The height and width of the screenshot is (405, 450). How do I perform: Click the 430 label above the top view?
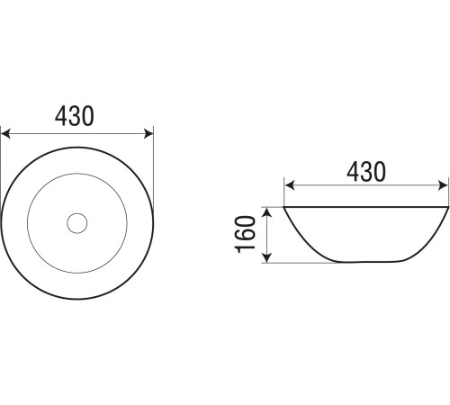point(75,116)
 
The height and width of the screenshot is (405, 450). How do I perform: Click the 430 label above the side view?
point(366,172)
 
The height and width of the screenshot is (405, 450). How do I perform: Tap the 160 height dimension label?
point(245,234)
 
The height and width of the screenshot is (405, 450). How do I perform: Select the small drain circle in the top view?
point(77,223)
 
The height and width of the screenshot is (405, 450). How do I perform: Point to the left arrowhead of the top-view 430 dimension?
point(5,134)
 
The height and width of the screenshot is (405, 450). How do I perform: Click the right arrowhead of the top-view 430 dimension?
point(148,134)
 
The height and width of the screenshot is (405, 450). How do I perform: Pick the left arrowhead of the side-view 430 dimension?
point(289,185)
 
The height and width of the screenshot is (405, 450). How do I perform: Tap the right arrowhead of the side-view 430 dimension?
point(444,185)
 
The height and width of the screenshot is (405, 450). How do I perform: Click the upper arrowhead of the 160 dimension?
point(266,212)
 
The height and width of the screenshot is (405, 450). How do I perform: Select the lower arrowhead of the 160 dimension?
point(266,257)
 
